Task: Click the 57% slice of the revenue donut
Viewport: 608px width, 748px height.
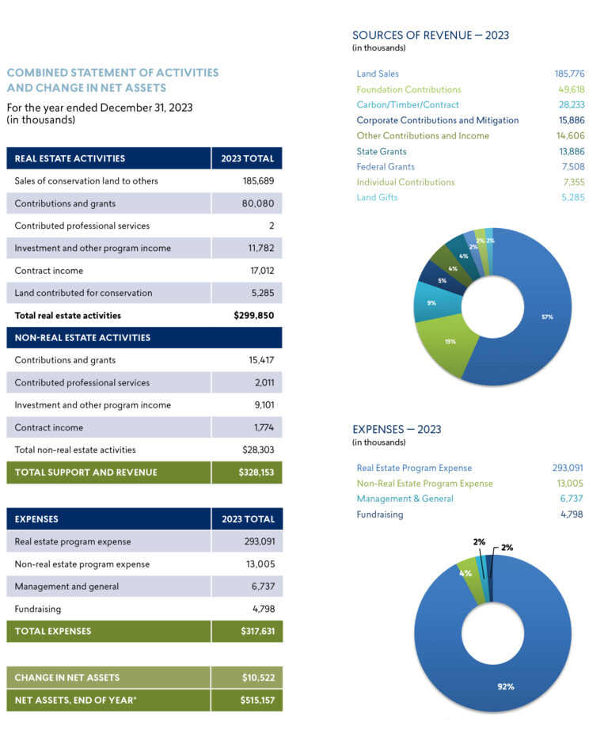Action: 546,317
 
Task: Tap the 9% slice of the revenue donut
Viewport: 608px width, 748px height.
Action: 431,302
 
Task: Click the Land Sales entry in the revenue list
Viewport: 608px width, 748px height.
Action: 378,74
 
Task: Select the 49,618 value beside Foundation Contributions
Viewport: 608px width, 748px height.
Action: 571,89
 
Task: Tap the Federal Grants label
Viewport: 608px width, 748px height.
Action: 386,166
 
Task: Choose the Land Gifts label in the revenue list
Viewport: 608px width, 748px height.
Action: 377,197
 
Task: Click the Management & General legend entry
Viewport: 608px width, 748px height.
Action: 405,499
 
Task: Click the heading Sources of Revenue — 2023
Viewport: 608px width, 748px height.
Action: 430,35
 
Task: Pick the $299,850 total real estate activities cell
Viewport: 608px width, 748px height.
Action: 253,315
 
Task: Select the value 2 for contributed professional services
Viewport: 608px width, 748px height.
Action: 271,226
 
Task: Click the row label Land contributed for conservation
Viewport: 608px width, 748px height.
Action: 83,293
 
